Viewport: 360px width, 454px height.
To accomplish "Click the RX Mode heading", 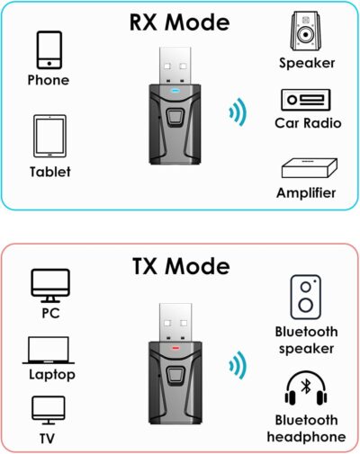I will coord(180,22).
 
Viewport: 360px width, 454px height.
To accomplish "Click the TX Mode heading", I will coord(180,266).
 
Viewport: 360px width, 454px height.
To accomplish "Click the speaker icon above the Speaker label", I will coord(307,34).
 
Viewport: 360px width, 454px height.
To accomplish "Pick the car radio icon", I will coord(307,101).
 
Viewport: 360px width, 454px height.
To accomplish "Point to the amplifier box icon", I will coord(307,168).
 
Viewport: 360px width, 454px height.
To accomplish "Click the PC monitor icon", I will coord(50,285).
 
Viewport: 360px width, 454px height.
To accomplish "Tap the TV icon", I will coord(50,408).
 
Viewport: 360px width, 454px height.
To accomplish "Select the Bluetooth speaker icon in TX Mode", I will coord(306,298).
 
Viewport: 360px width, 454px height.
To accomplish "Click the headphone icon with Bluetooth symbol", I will coord(306,389).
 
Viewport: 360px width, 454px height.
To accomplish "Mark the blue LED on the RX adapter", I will coord(176,91).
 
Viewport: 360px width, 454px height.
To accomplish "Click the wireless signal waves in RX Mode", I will coord(236,112).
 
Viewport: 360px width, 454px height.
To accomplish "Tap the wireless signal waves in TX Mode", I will coord(236,365).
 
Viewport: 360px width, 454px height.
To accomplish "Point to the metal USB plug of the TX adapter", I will coord(176,311).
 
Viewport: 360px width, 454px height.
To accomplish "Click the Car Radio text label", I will coord(307,122).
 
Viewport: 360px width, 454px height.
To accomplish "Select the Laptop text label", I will coord(50,374).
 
